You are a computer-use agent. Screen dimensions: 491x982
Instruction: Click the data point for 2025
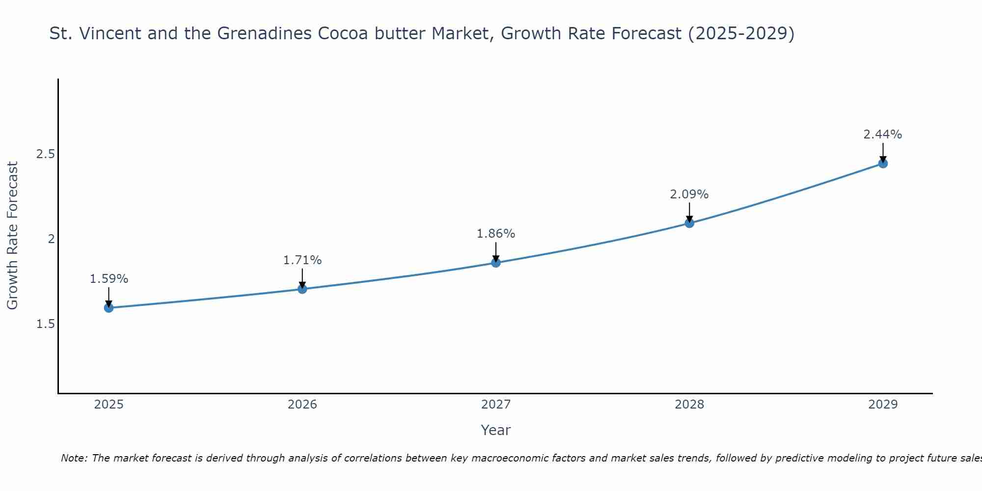tap(109, 308)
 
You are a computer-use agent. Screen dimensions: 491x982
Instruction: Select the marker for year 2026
tap(302, 289)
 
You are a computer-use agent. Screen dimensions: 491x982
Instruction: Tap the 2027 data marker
tap(496, 263)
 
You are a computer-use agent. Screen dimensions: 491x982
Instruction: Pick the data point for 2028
tap(689, 223)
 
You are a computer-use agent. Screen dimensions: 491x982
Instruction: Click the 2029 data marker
tap(883, 164)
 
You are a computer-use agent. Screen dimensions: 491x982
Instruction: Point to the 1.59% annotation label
tap(109, 279)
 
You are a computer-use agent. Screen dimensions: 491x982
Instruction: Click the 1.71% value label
tap(302, 260)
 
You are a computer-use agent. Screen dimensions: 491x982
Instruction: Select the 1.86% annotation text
tap(496, 234)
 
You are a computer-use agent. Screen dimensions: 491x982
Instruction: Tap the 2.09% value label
tap(689, 194)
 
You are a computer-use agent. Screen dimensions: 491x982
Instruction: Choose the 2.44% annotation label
tap(883, 135)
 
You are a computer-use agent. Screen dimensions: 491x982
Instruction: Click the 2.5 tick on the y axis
tap(45, 154)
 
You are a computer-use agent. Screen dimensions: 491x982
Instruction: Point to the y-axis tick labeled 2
tap(51, 239)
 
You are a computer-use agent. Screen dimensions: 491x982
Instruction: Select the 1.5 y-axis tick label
tap(45, 324)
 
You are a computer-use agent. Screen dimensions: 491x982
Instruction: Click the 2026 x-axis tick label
tap(302, 405)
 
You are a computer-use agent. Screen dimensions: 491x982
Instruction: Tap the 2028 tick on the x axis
tap(689, 405)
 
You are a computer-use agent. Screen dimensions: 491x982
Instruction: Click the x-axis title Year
tap(496, 430)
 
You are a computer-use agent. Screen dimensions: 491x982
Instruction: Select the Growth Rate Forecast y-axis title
tap(13, 236)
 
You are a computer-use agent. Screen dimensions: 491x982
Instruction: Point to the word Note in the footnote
tap(74, 458)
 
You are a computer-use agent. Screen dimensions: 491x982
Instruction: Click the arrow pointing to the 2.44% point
tap(883, 153)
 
